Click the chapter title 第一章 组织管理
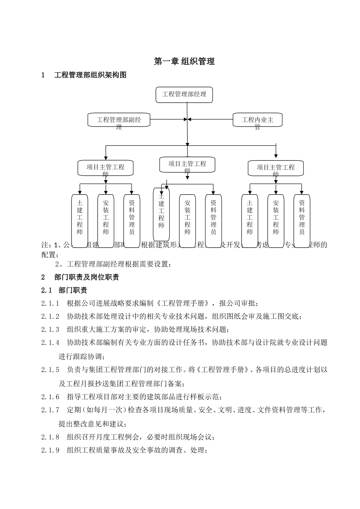point(184,61)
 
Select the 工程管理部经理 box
point(184,95)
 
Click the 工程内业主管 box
point(257,120)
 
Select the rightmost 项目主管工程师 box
point(275,168)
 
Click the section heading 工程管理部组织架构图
point(90,75)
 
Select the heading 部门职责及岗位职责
point(87,277)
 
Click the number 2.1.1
point(50,303)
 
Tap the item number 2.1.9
point(50,451)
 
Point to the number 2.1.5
point(50,370)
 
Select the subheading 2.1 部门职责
point(64,290)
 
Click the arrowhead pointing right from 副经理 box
point(185,119)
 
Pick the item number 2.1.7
point(50,410)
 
